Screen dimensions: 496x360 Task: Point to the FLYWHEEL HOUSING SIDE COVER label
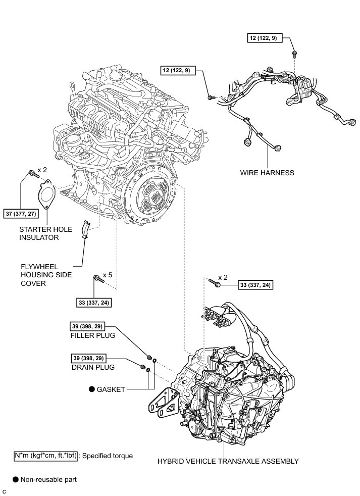pos(46,274)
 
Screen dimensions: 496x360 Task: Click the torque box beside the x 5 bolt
pos(93,303)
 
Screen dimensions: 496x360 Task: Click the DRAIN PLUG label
pos(93,367)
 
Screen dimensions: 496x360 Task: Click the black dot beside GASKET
pos(92,389)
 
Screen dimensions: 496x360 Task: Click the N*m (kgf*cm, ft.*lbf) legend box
pos(46,456)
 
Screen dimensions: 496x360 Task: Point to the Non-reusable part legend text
pos(48,479)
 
